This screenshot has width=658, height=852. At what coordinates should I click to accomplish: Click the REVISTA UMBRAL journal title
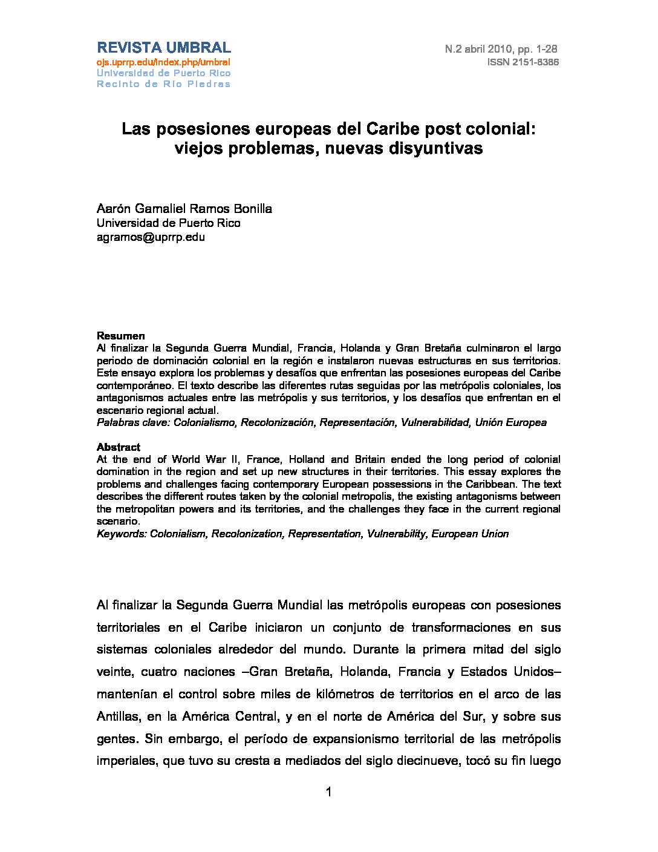(x=164, y=48)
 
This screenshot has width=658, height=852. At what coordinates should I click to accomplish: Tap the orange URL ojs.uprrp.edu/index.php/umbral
(x=164, y=62)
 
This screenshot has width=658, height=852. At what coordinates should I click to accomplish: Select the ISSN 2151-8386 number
(x=523, y=62)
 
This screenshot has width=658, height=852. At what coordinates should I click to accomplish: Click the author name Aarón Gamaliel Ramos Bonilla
(x=184, y=209)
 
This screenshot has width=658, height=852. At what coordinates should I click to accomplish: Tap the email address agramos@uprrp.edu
(x=151, y=237)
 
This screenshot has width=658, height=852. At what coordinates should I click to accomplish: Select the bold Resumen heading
(x=121, y=336)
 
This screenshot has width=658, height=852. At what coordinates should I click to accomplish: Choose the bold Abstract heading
(x=119, y=447)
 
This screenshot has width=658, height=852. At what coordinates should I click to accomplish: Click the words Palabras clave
(x=133, y=422)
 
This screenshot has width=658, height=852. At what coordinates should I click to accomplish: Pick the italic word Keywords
(x=122, y=534)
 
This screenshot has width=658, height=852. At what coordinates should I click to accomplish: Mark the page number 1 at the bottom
(x=329, y=792)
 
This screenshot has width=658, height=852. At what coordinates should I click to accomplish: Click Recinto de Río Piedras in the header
(x=164, y=84)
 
